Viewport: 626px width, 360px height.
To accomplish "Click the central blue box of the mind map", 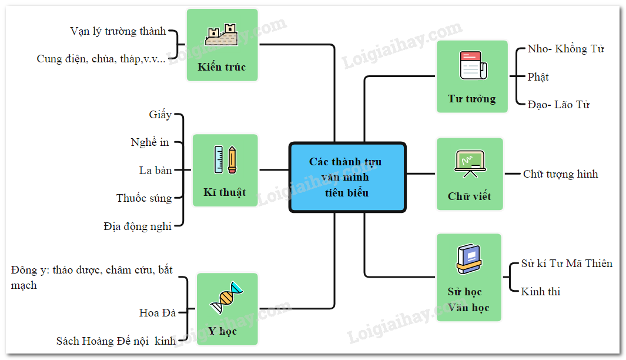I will tap(347, 177).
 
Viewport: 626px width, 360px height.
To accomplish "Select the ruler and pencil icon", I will tap(225, 159).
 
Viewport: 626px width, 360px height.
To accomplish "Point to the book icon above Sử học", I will tap(468, 259).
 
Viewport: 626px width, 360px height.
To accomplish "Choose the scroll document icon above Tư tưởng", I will tap(472, 65).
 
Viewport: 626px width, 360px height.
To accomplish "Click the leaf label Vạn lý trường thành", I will tap(118, 31).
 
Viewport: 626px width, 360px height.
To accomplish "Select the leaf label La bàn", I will tap(156, 170).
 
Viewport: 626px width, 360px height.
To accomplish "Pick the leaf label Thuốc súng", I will tap(144, 198).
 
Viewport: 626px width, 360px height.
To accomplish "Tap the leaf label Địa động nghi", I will tap(138, 226).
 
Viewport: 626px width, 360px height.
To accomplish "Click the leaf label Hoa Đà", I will tap(158, 312).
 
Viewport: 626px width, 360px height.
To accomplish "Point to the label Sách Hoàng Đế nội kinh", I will tap(116, 341).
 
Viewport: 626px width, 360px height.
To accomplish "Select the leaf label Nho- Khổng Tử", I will tap(565, 49).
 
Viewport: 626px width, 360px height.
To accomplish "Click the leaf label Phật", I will tap(538, 77).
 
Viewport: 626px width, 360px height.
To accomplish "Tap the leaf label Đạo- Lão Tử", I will tap(558, 105).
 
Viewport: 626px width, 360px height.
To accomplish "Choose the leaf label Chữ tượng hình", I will tap(560, 174).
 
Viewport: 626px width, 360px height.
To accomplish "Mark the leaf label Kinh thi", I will tap(541, 291).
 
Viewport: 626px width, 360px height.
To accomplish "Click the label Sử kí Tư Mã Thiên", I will tap(567, 263).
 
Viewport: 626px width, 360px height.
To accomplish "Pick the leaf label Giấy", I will tap(160, 114).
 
